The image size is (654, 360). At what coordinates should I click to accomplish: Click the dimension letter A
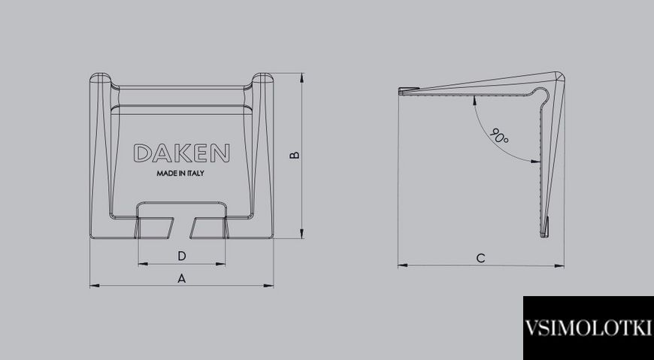[181, 278]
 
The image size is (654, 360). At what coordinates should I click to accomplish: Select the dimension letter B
[295, 155]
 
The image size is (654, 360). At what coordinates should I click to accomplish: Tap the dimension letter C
[480, 259]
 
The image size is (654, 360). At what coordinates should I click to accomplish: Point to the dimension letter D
[182, 256]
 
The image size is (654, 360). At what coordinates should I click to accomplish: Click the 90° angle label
[499, 136]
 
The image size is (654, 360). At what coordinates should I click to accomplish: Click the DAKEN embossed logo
[181, 153]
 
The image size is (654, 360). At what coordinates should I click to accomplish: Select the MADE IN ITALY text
[180, 173]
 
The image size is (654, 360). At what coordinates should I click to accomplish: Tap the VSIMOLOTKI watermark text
[587, 328]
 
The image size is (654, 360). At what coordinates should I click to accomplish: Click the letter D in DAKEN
[142, 153]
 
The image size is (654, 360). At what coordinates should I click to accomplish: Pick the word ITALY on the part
[195, 173]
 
